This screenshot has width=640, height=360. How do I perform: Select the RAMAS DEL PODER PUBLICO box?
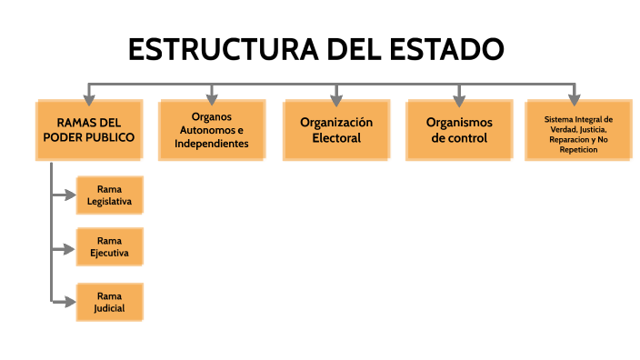point(89,130)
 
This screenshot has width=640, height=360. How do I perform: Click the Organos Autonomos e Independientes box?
point(212,130)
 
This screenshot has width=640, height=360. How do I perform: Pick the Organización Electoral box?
point(336,130)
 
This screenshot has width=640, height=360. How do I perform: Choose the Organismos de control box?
point(459,130)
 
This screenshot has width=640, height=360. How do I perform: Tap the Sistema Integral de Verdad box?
point(577,130)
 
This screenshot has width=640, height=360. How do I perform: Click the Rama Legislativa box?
point(109,195)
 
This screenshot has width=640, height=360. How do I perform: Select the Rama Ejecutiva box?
point(109,247)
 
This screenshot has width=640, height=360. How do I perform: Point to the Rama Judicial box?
point(109,302)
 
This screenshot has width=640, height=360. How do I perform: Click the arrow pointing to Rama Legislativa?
point(65,195)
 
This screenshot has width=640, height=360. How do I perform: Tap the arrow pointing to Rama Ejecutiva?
point(65,247)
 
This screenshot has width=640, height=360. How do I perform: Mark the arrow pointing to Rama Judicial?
point(65,300)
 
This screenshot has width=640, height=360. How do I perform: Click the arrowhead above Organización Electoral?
point(336,95)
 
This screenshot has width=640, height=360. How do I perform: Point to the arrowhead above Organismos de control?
point(459,95)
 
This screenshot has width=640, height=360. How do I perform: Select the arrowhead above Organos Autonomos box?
point(212,95)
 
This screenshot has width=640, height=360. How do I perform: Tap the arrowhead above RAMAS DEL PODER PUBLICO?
point(89,95)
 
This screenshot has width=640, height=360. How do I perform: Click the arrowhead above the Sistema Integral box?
point(575,95)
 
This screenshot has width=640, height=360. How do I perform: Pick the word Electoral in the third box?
point(336,138)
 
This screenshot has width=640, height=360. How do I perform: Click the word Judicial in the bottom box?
point(109,308)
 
